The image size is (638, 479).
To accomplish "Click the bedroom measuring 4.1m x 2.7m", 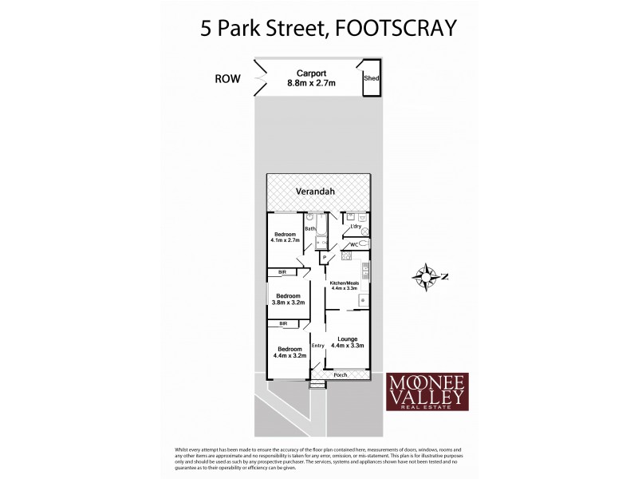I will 284,237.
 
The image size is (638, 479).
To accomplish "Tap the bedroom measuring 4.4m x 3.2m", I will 289,352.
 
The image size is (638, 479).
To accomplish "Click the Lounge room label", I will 345,342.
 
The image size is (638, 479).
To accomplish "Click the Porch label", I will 340,374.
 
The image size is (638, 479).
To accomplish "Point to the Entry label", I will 317,345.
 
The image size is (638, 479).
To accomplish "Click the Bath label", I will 310,229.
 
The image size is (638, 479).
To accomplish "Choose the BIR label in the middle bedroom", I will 282,272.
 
